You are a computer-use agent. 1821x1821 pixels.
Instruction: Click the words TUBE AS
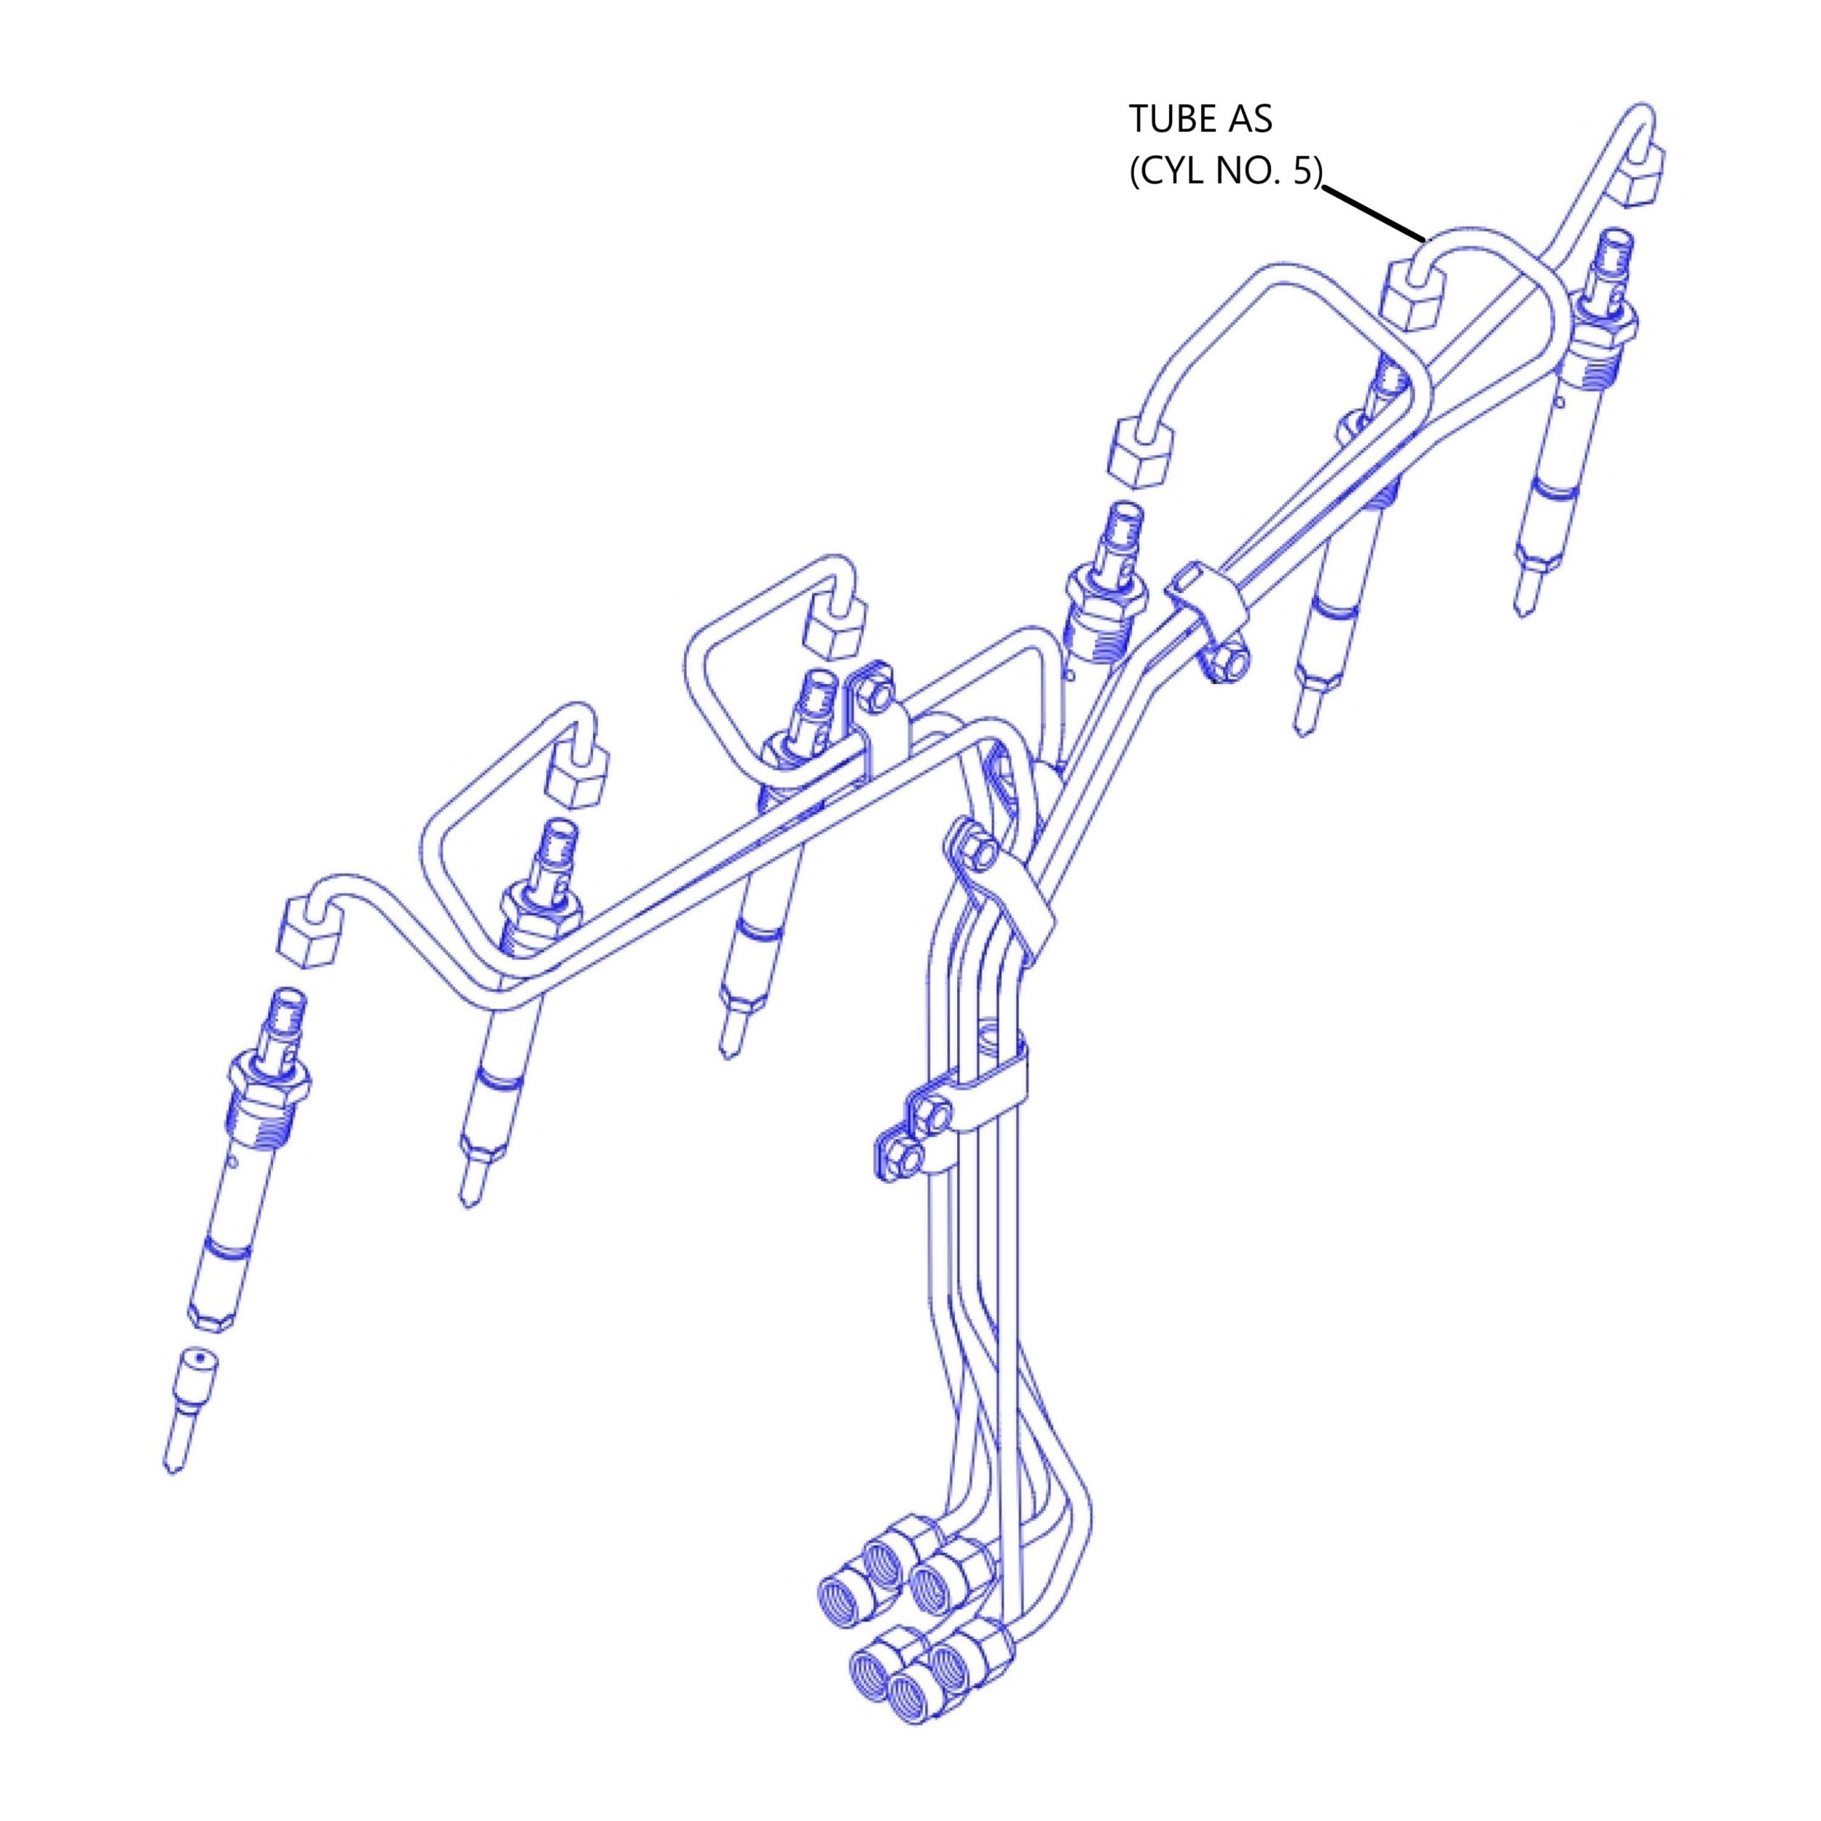[1200, 119]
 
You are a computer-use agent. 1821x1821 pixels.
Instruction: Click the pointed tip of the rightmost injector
[1519, 604]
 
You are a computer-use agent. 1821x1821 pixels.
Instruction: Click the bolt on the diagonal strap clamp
[980, 853]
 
